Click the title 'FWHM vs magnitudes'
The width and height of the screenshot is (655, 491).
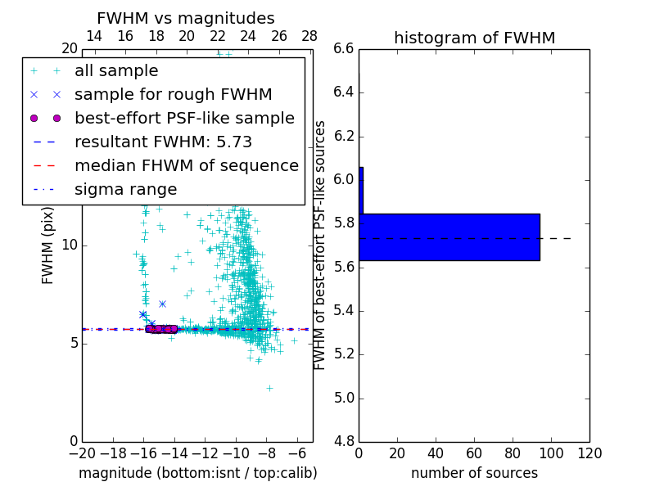pos(186,19)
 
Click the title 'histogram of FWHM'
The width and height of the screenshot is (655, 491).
pos(474,38)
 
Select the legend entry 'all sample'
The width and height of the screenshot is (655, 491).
pos(116,71)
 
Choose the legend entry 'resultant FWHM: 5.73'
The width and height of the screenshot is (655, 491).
pos(163,142)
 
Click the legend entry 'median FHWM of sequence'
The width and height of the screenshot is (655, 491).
pos(186,165)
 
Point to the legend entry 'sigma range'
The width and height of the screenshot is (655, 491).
pos(125,190)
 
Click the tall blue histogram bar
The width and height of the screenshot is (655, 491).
pos(450,237)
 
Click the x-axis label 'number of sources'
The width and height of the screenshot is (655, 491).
pos(474,473)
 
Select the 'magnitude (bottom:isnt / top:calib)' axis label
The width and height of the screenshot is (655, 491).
pos(197,473)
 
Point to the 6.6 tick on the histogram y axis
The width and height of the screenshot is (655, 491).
pos(344,49)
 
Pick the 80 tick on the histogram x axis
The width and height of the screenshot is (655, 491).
pos(513,453)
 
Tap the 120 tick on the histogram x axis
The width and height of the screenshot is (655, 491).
pos(589,453)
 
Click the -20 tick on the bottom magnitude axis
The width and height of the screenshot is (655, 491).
pos(82,453)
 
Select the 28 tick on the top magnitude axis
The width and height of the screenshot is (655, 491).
pos(309,36)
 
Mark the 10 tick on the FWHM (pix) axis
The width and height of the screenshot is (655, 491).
pos(70,245)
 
